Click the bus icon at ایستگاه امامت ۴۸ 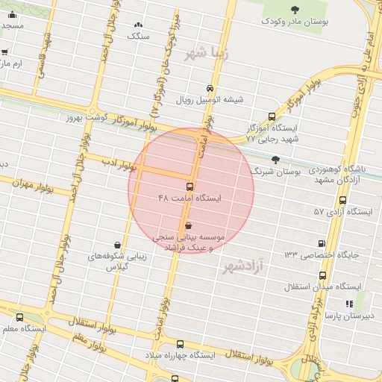click(189, 186)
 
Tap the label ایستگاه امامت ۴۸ click(190, 198)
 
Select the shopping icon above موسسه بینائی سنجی click(187, 225)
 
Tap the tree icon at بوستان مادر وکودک click(295, 10)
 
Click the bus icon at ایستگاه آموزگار click(271, 116)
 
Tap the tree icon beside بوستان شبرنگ click(276, 160)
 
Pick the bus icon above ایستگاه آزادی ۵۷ click(342, 200)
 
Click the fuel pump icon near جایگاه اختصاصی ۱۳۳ click(322, 242)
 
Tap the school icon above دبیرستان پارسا click(348, 304)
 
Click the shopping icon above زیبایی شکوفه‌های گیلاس click(117, 244)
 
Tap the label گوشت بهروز click(87, 117)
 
